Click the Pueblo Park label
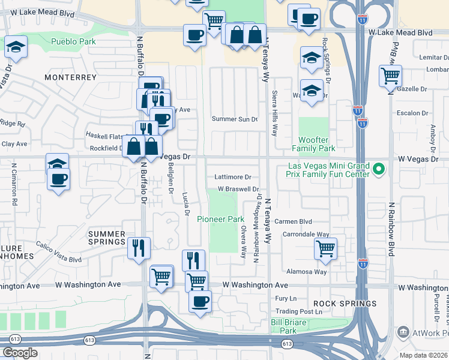[x=73, y=41]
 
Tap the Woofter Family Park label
[x=313, y=144]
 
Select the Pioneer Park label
[x=220, y=219]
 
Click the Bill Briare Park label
[x=284, y=326]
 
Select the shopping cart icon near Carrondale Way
[x=325, y=248]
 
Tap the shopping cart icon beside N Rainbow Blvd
[x=390, y=76]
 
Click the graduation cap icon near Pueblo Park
[x=16, y=47]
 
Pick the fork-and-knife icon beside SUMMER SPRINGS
[x=139, y=247]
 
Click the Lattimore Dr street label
[x=232, y=177]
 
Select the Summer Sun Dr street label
[x=234, y=119]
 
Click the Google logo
[x=20, y=353]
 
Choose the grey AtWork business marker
[x=403, y=332]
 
